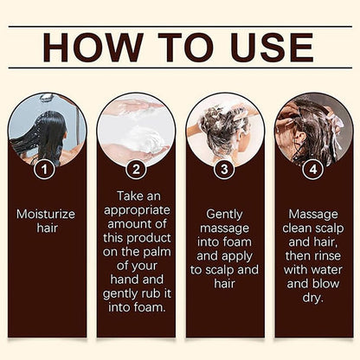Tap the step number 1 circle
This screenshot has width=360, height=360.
pyautogui.click(x=46, y=170)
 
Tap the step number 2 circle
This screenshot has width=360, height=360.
pyautogui.click(x=136, y=170)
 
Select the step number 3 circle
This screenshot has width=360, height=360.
pyautogui.click(x=225, y=170)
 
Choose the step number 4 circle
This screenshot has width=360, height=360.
pyautogui.click(x=314, y=170)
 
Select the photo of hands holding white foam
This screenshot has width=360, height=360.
pyautogui.click(x=136, y=130)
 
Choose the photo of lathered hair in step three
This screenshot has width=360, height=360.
pyautogui.click(x=225, y=130)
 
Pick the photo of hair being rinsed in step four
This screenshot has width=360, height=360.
pyautogui.click(x=314, y=130)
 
